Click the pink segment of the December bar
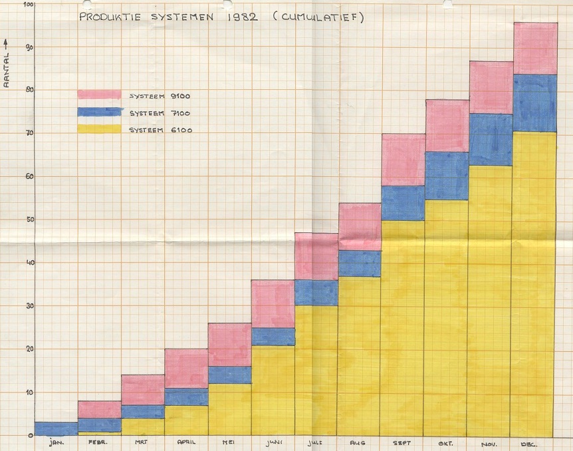point(535,49)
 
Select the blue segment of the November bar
point(490,140)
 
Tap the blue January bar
point(56,428)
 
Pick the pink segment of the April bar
point(186,369)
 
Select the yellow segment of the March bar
point(143,427)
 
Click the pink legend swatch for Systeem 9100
point(99,95)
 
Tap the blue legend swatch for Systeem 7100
point(99,112)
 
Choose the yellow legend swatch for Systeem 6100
point(99,129)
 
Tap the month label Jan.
point(57,442)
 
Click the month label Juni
point(273,442)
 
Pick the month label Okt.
point(446,442)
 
